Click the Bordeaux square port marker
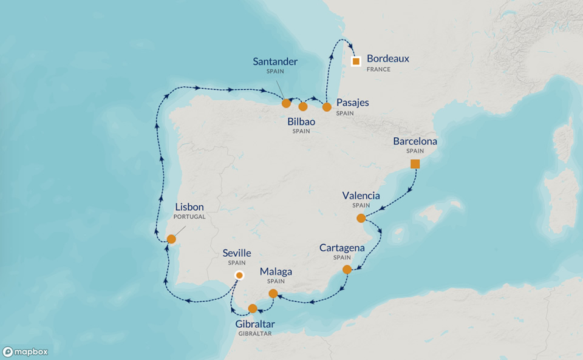tap(356, 61)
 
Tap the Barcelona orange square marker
tap(415, 164)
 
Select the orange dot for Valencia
tap(361, 218)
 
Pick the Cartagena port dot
tap(347, 269)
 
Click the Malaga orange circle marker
tap(273, 294)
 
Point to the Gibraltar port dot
tap(253, 308)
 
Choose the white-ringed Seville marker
tap(239, 276)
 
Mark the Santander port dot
tap(286, 103)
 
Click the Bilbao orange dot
tap(303, 106)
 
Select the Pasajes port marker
tap(327, 107)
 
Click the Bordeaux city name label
tap(388, 59)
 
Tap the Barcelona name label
tap(415, 141)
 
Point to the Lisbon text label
tap(189, 207)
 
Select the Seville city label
tap(237, 253)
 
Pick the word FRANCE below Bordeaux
tap(378, 69)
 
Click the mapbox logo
tap(26, 352)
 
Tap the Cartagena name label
tap(343, 248)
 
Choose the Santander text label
tap(275, 61)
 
